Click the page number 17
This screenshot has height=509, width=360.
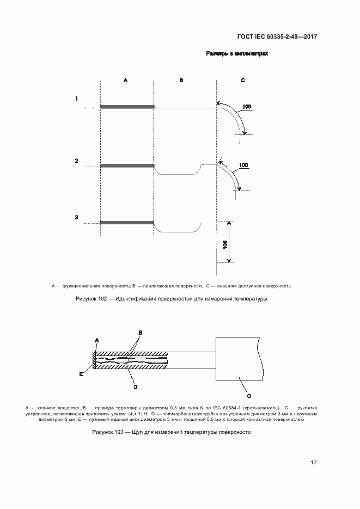(x=313, y=463)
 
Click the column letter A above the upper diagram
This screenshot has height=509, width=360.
(x=125, y=80)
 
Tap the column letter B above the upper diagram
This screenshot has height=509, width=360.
(x=181, y=80)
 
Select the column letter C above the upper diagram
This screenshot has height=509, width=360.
(x=243, y=80)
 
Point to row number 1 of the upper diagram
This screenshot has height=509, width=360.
(x=77, y=99)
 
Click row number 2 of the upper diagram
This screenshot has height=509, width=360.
(x=77, y=161)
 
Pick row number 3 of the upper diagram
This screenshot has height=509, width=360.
(x=77, y=218)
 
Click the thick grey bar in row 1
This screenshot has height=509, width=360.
(x=127, y=107)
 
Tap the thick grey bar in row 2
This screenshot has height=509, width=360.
(x=127, y=165)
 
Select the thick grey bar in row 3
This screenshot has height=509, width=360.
(x=127, y=222)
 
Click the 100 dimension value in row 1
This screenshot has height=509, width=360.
(x=247, y=107)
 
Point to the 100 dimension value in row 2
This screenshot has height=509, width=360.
(x=243, y=164)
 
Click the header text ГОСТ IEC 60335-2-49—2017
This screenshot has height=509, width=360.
(x=277, y=37)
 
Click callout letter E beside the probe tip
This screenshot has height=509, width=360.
(x=81, y=374)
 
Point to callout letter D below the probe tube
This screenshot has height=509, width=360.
(x=135, y=387)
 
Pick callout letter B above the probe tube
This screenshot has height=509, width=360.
(x=140, y=332)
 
